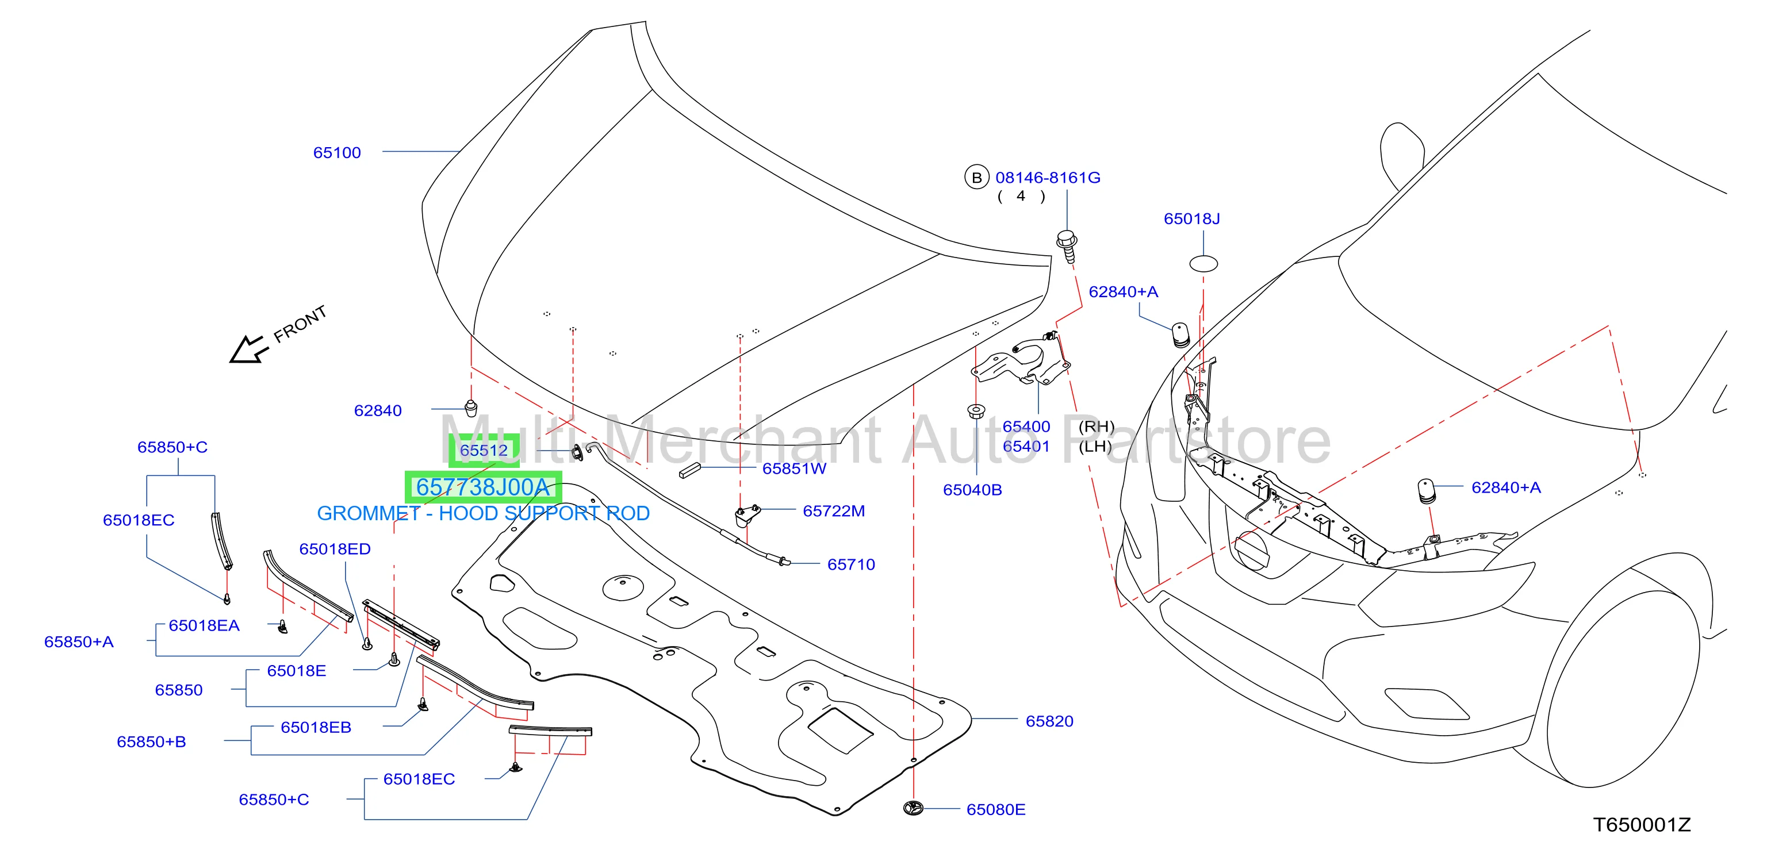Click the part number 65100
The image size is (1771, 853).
337,152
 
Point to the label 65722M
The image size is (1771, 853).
834,510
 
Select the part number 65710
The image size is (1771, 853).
851,564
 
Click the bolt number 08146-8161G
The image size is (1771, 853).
1048,178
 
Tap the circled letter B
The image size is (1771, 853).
976,178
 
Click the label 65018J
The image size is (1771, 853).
1191,218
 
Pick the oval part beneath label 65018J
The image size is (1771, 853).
1203,263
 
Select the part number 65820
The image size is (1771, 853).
1049,721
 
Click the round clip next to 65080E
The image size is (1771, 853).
913,808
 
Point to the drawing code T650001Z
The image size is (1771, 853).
1642,825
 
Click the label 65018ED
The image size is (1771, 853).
335,548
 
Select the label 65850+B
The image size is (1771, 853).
151,741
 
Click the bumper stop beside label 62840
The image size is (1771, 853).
471,408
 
